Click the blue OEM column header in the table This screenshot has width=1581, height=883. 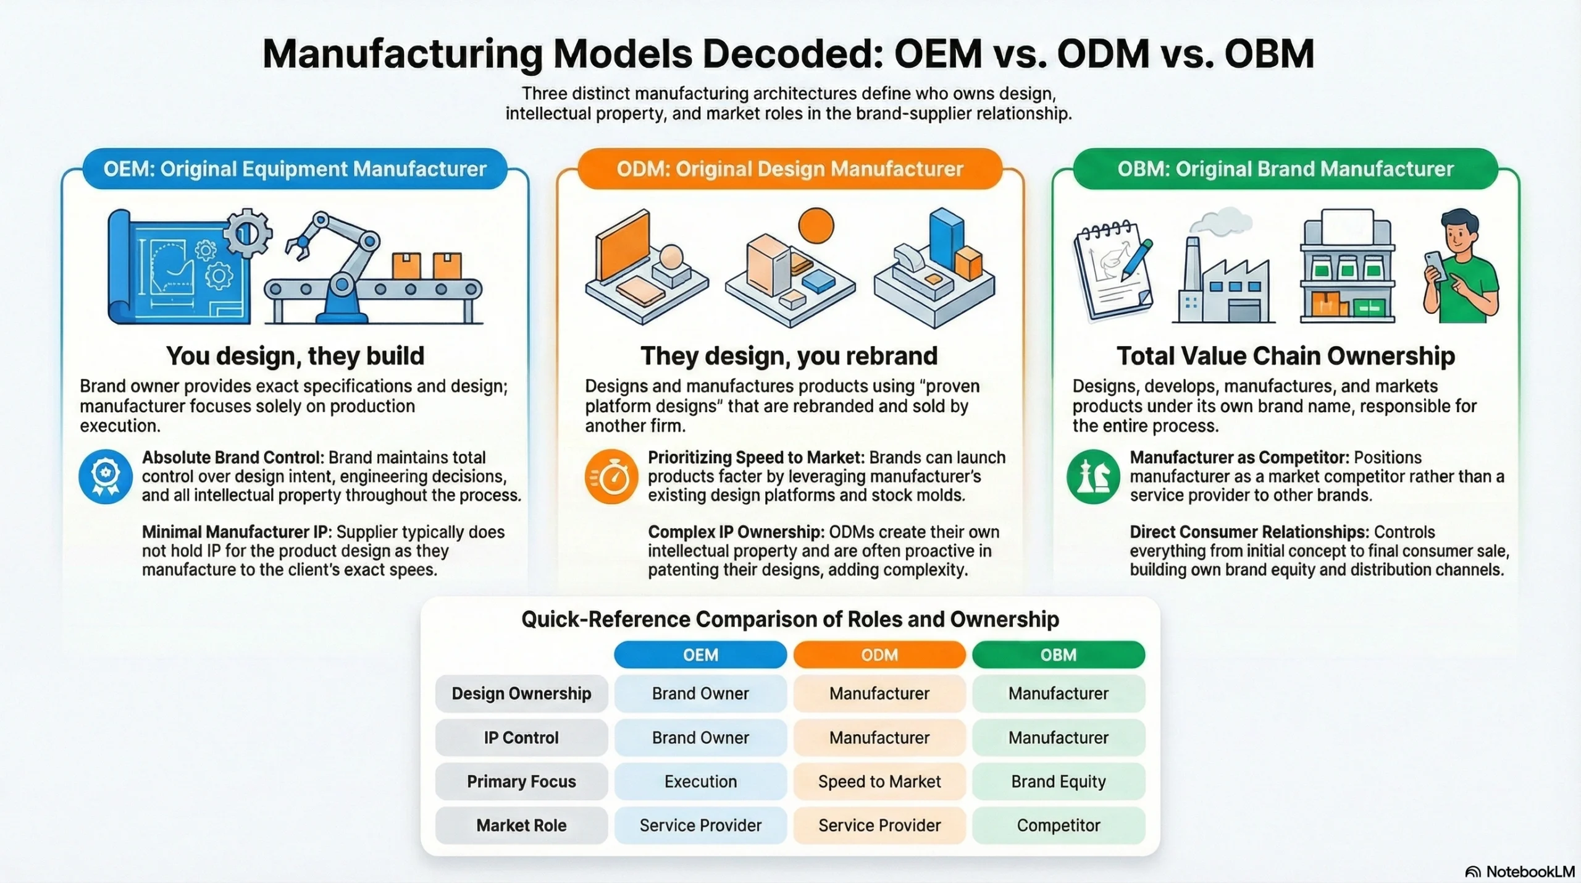click(x=700, y=654)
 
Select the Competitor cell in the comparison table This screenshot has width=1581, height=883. click(x=1059, y=825)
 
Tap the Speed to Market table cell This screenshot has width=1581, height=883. click(x=879, y=781)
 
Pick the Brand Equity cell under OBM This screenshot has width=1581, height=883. click(x=1059, y=781)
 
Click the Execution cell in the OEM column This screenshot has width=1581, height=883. click(x=700, y=781)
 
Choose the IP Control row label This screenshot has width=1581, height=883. click(x=521, y=737)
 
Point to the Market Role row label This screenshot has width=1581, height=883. click(x=521, y=825)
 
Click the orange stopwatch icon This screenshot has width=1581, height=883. click(x=611, y=476)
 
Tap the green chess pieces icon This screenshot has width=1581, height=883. click(x=1093, y=476)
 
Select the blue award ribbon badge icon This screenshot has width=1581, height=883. click(x=106, y=476)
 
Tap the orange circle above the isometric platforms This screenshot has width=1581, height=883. click(x=816, y=226)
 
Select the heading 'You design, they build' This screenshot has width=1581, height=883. click(x=295, y=355)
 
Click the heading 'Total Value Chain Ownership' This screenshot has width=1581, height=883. click(x=1286, y=355)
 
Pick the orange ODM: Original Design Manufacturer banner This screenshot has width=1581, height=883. click(x=790, y=169)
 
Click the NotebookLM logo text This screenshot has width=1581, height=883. click(x=1530, y=871)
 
